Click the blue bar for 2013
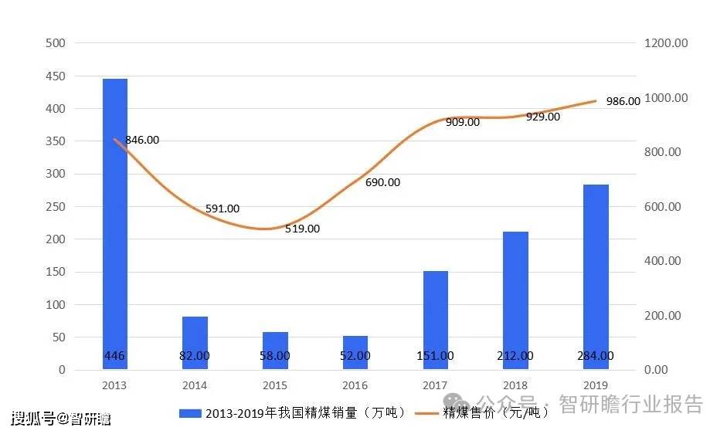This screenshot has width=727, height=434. click(115, 224)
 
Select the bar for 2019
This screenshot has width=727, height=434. click(596, 277)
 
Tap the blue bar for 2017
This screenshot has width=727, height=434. click(435, 320)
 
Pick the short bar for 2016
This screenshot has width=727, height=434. click(355, 353)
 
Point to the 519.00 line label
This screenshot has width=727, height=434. click(302, 229)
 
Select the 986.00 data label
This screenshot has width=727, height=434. click(623, 101)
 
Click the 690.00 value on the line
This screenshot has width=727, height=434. click(382, 182)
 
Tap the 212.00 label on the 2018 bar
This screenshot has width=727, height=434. click(515, 356)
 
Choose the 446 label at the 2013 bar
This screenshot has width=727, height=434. click(115, 356)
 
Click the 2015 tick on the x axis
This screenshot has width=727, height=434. click(275, 385)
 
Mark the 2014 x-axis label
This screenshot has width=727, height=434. click(195, 385)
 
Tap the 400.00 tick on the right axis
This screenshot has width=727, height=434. click(663, 261)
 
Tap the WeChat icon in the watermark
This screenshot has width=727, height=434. click(459, 404)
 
